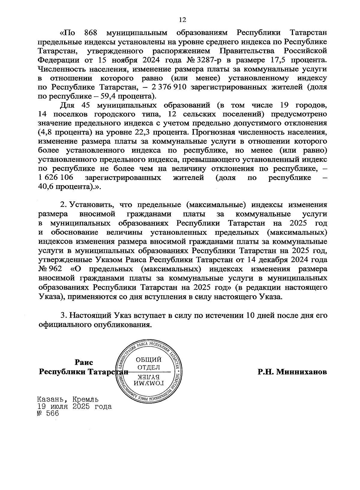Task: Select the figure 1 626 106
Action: tap(56, 178)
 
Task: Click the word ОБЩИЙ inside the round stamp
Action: tap(148, 360)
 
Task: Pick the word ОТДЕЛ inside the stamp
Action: tap(148, 367)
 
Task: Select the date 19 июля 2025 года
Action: tap(74, 407)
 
